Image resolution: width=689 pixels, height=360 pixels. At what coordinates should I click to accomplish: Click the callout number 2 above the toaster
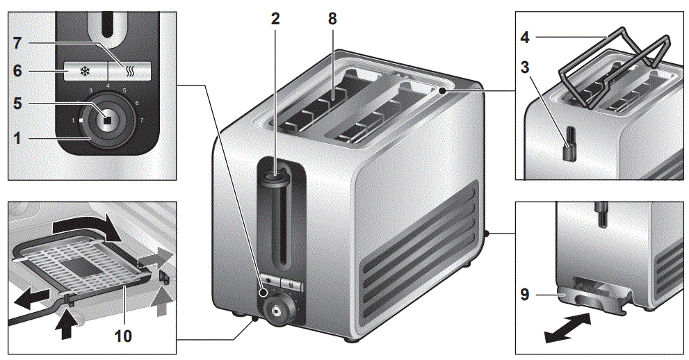tap(275, 19)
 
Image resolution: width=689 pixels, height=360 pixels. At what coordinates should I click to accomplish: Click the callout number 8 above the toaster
tap(332, 19)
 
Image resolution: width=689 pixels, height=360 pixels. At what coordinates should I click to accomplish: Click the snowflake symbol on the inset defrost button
tap(86, 71)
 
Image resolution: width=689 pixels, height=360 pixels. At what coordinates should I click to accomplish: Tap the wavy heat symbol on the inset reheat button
tap(129, 70)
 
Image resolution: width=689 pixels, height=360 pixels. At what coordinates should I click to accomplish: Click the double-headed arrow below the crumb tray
tap(568, 329)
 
